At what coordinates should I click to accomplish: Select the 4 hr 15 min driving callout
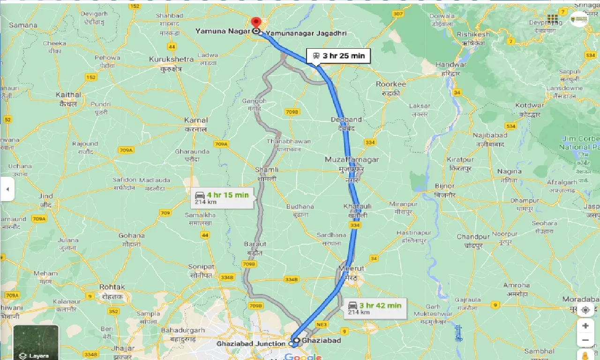click(x=224, y=197)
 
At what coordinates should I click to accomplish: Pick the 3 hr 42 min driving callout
click(x=374, y=308)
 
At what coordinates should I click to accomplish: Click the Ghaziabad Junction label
click(x=250, y=344)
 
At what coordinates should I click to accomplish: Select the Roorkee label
click(x=390, y=84)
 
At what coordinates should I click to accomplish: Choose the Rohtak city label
click(x=112, y=287)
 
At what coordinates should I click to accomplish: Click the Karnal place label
click(x=196, y=120)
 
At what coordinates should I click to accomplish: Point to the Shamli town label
click(x=266, y=170)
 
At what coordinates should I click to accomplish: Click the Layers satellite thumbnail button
click(x=36, y=342)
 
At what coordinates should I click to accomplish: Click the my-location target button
click(x=585, y=310)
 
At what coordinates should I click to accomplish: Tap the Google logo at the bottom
click(x=302, y=357)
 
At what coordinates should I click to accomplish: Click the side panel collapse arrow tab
click(x=7, y=189)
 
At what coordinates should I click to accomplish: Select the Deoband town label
click(x=346, y=120)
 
